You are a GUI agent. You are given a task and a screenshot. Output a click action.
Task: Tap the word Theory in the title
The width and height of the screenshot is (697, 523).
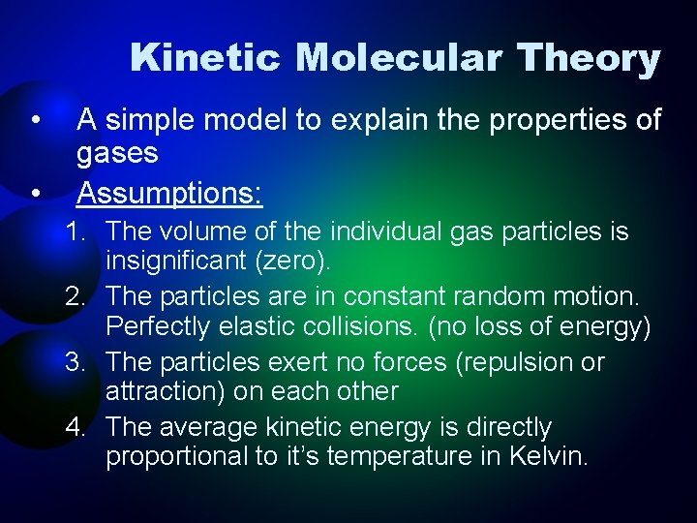pos(590,58)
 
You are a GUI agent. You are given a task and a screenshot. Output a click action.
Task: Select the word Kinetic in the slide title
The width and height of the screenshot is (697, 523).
pos(208,58)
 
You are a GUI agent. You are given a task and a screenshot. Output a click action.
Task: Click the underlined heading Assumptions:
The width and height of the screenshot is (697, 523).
pos(169,194)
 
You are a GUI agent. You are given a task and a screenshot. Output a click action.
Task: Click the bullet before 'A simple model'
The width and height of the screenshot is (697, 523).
pos(35,121)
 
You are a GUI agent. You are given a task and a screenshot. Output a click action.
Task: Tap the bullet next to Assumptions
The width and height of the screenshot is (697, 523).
pos(35,194)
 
